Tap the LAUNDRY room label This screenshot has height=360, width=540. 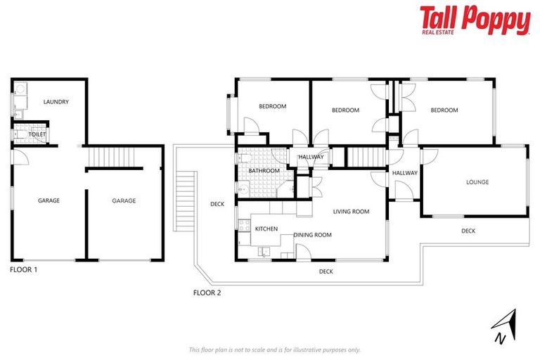pyautogui.click(x=56, y=102)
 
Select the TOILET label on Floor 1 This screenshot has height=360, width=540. pyautogui.click(x=37, y=134)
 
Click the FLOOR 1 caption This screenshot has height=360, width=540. pyautogui.click(x=24, y=269)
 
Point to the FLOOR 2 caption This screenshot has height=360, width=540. pyautogui.click(x=207, y=292)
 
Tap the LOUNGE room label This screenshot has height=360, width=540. pyautogui.click(x=477, y=182)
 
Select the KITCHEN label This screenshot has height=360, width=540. pyautogui.click(x=266, y=229)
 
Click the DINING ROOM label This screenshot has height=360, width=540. pyautogui.click(x=312, y=235)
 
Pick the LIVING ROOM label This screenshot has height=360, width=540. pyautogui.click(x=351, y=211)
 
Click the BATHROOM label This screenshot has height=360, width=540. pyautogui.click(x=264, y=171)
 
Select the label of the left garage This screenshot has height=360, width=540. pyautogui.click(x=49, y=200)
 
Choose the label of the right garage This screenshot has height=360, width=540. pyautogui.click(x=124, y=200)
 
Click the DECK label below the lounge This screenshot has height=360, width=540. pyautogui.click(x=468, y=231)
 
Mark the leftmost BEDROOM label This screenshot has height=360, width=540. pyautogui.click(x=272, y=106)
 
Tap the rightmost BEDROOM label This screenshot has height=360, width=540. pyautogui.click(x=444, y=110)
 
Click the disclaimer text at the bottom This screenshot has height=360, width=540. pyautogui.click(x=274, y=349)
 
